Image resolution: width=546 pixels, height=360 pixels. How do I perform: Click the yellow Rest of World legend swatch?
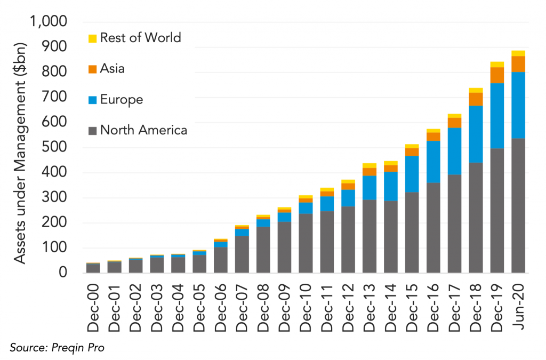[92, 38]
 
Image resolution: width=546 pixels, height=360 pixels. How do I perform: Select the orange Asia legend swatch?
[92, 69]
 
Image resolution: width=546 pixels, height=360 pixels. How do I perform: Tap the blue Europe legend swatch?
[92, 100]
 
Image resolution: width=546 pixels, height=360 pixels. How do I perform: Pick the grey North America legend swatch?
[92, 130]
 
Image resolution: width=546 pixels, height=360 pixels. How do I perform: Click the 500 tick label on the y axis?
[55, 148]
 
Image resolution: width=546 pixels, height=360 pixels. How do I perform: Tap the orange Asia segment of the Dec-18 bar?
[476, 99]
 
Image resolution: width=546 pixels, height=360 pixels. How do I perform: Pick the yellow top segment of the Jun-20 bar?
[518, 53]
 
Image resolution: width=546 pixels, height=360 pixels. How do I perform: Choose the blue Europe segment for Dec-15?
[412, 174]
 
